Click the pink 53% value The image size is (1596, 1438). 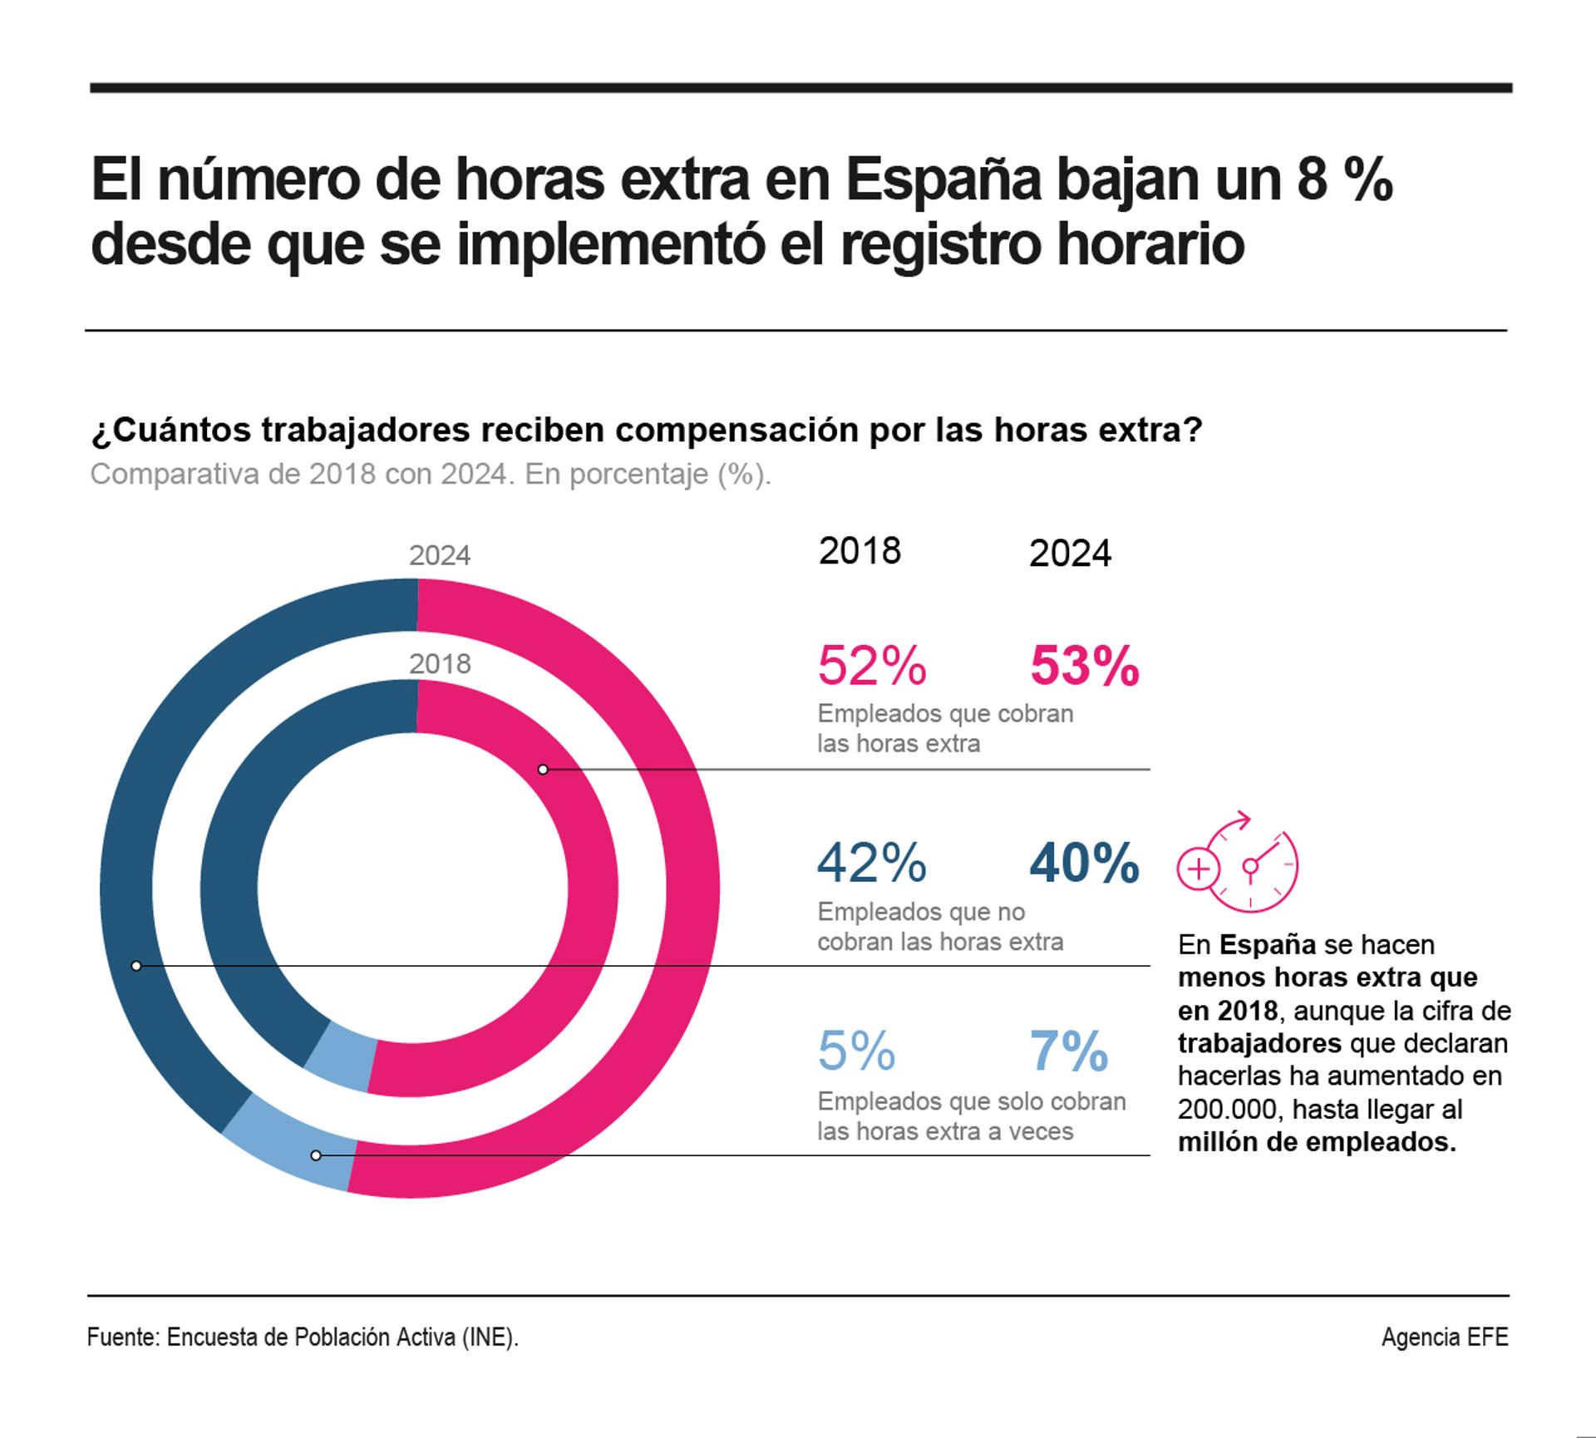click(1084, 666)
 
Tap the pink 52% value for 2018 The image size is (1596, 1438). click(871, 666)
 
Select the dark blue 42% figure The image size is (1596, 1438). click(871, 862)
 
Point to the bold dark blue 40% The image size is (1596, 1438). click(1084, 862)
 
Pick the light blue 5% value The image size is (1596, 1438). click(856, 1051)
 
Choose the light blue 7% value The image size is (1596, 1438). click(1069, 1051)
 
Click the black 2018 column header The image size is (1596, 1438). click(860, 551)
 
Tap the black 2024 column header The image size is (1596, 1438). click(1070, 554)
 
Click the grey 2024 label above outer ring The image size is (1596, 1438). click(440, 555)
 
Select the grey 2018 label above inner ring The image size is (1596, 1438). click(440, 664)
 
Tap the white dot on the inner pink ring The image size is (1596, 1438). click(543, 770)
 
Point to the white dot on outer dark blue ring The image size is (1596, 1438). click(136, 966)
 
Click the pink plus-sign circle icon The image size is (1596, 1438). click(1198, 869)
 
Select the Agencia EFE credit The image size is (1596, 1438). click(1444, 1337)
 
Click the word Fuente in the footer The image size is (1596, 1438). click(121, 1337)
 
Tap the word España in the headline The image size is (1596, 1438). click(943, 180)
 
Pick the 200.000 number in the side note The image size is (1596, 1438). click(1227, 1109)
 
